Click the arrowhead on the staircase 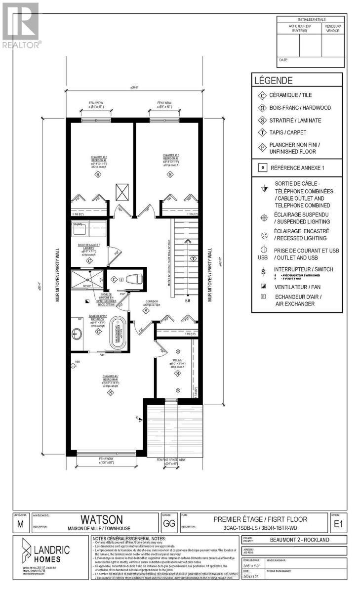pyautogui.click(x=187, y=242)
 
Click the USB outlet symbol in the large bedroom pyautogui.click(x=77, y=362)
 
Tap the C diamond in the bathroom pyautogui.click(x=98, y=331)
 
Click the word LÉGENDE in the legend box pyautogui.click(x=273, y=81)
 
